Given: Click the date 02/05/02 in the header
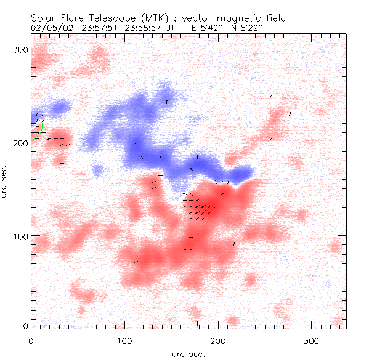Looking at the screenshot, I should pyautogui.click(x=50, y=28).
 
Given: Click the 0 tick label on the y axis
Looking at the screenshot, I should pyautogui.click(x=25, y=326).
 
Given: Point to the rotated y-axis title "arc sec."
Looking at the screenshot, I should pyautogui.click(x=6, y=182).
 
